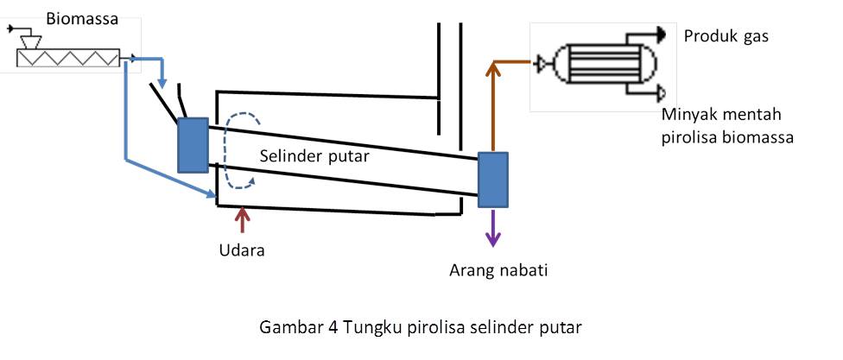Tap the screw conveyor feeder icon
coord(68,58)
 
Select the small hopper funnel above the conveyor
coord(35,39)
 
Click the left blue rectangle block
coord(193,144)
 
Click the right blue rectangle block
coord(492,180)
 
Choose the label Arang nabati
coord(498,270)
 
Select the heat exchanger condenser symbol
coord(596,65)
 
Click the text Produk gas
coord(726,36)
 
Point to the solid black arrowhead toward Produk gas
coord(660,34)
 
